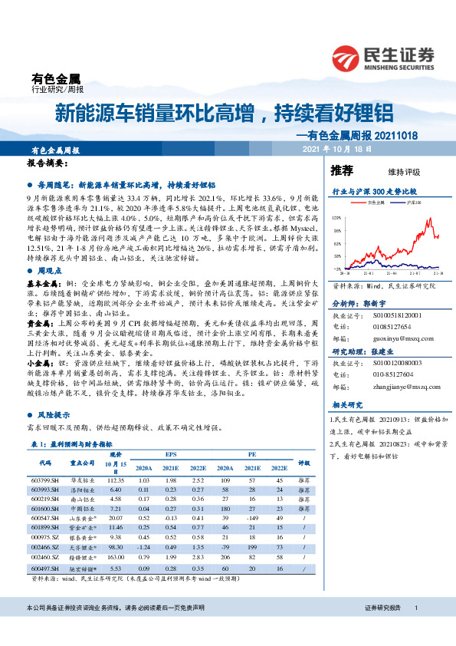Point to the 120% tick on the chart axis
click(336, 219)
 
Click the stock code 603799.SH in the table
click(44, 479)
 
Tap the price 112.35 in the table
click(116, 479)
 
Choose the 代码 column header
click(44, 463)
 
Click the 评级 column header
click(303, 463)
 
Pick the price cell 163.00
click(116, 558)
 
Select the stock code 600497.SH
click(44, 568)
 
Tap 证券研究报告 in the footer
click(384, 628)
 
